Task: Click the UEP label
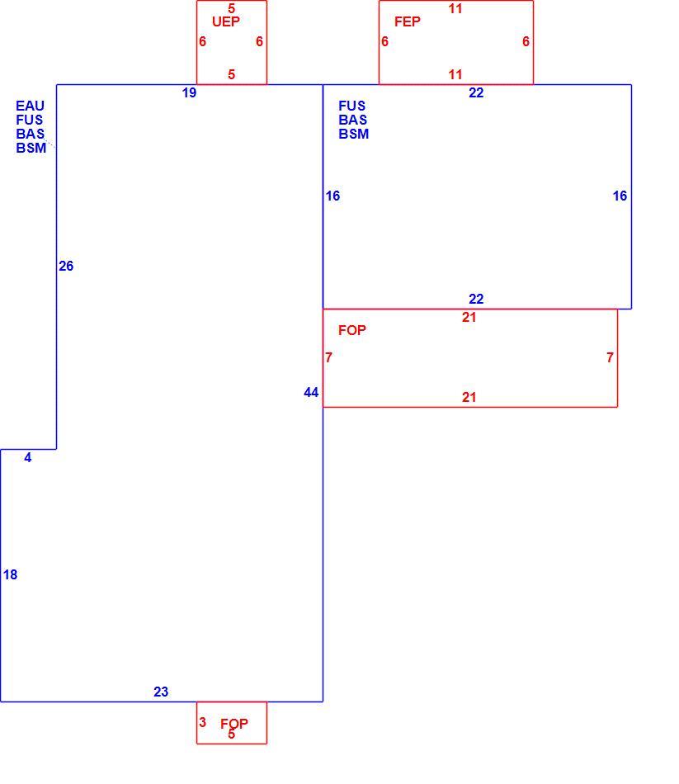click(x=226, y=21)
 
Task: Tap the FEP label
click(x=408, y=21)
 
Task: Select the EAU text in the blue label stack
click(x=30, y=106)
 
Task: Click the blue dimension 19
click(x=190, y=92)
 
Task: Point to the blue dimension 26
click(x=66, y=266)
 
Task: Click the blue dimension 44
click(x=311, y=393)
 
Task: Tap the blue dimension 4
click(x=28, y=457)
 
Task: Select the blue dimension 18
click(x=10, y=575)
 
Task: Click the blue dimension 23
click(x=161, y=692)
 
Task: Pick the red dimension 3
click(x=202, y=722)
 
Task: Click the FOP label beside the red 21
click(x=352, y=330)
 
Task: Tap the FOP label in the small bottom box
click(x=234, y=724)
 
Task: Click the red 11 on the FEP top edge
click(x=455, y=8)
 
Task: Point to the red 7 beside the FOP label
click(x=328, y=357)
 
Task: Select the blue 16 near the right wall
click(x=620, y=196)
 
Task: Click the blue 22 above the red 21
click(x=476, y=299)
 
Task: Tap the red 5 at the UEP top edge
click(x=232, y=8)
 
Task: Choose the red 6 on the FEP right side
click(x=526, y=41)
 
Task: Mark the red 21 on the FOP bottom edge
click(x=469, y=398)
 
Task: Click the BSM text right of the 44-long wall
click(x=353, y=134)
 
